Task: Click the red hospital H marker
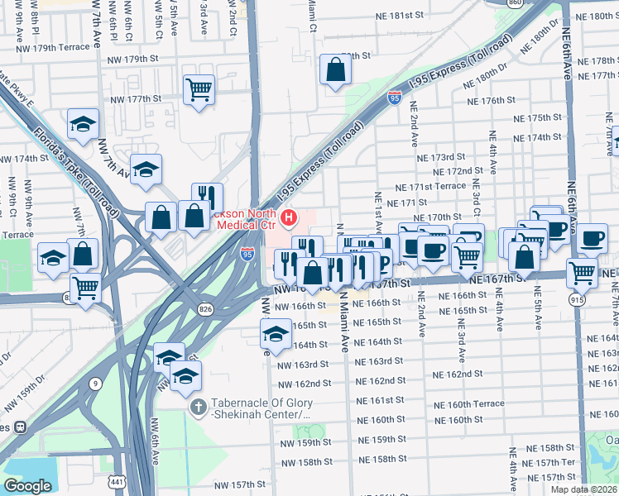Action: [x=289, y=219]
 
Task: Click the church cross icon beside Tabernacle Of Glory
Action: [x=198, y=407]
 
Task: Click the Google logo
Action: [x=27, y=486]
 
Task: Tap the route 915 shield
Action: [x=576, y=300]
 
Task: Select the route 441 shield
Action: [x=120, y=482]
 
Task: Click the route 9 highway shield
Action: [x=96, y=384]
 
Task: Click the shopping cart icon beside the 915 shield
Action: [x=583, y=271]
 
